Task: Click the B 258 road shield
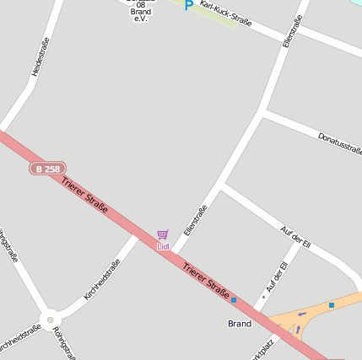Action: (x=46, y=169)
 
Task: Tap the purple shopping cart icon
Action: (x=162, y=234)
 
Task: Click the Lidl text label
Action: (x=163, y=246)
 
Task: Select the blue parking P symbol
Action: (x=188, y=5)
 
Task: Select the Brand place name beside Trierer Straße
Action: (x=240, y=324)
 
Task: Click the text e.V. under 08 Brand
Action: (x=141, y=19)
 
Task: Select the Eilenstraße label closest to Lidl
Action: (x=195, y=220)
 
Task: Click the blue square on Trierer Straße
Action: (x=234, y=300)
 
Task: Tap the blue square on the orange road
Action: (x=332, y=304)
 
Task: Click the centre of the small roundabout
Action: (x=51, y=320)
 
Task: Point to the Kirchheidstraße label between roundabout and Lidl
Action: (x=102, y=281)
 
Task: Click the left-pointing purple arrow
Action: (x=303, y=314)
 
